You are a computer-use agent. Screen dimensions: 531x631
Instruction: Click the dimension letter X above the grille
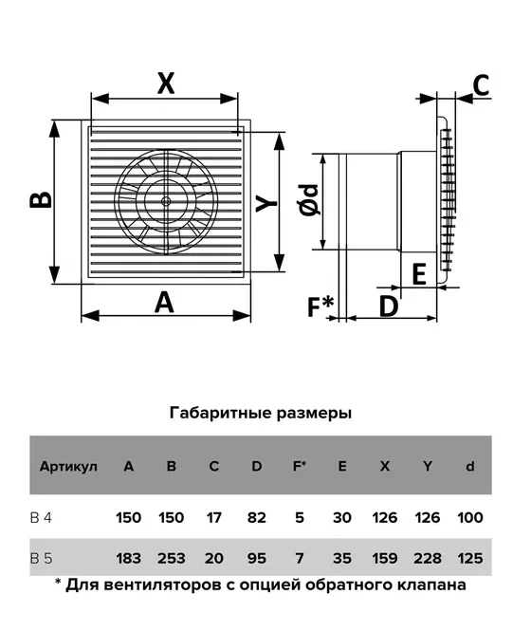166,84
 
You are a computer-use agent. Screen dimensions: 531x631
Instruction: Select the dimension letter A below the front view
164,303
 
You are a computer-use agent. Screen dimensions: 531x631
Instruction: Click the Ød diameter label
309,200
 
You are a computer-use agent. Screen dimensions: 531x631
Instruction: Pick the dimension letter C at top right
481,85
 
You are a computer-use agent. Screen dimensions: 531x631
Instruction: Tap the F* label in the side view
320,306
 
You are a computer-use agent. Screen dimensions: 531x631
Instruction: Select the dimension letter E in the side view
419,274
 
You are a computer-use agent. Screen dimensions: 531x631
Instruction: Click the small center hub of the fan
165,201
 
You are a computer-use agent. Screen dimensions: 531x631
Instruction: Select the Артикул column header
68,467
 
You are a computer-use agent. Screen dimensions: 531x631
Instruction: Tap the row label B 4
41,517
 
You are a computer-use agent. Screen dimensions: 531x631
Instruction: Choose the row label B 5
41,558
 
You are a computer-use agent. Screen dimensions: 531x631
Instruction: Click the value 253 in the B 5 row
172,558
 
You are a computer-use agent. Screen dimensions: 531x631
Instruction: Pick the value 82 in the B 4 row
257,517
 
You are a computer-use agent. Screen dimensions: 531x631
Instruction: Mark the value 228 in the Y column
428,558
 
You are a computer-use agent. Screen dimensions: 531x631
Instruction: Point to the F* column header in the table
300,466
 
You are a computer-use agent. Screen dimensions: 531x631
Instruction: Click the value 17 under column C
213,517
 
